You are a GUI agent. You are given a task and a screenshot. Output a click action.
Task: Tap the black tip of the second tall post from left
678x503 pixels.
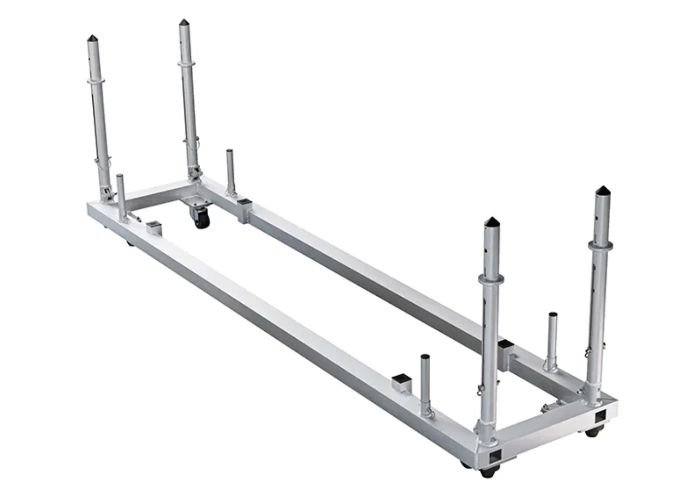pos(184,23)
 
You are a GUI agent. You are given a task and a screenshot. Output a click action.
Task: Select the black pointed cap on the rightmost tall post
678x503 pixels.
pos(602,191)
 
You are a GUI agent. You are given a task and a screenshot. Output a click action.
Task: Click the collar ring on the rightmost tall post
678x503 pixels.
pos(600,245)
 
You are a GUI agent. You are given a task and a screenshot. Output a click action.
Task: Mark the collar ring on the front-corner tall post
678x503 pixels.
pos(491,278)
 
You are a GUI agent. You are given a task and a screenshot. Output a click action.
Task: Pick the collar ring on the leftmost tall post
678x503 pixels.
pos(95,81)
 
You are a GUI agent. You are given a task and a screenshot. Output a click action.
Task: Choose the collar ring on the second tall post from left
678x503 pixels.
pos(186,65)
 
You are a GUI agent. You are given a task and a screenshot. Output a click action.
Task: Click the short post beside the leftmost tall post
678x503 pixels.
pos(121,196)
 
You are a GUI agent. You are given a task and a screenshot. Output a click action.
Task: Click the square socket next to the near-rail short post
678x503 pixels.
pos(401,382)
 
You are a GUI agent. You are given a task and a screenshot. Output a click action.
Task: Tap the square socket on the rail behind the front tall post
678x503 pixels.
pos(506,345)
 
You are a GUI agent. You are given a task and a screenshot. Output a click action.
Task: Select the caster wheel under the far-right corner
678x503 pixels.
pos(594,432)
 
